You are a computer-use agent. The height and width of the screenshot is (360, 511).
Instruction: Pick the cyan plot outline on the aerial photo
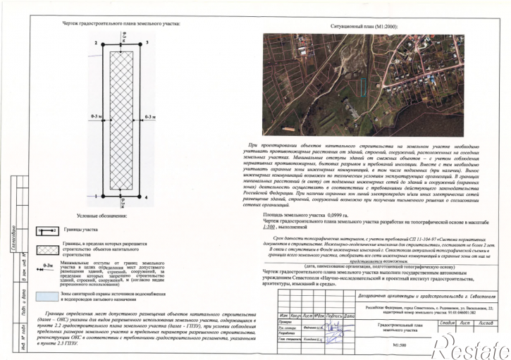[362, 87]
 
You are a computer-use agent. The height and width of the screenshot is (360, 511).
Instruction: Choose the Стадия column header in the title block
[446, 322]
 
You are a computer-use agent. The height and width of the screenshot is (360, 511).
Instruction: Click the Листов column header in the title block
[487, 322]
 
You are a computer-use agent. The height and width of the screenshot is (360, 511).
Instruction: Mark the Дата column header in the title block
[346, 314]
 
